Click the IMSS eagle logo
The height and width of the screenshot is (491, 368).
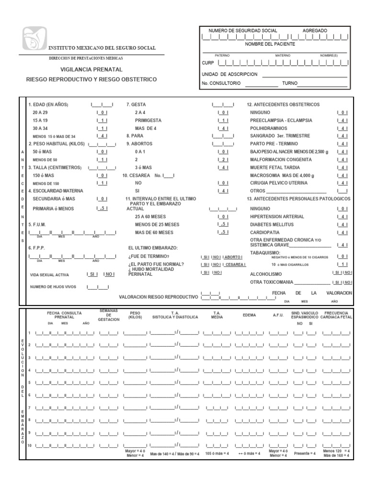point(33,43)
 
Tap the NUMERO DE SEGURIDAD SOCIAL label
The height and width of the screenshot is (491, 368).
point(242,30)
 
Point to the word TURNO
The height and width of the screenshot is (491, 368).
point(289,83)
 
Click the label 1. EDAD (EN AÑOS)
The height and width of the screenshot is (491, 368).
point(48,105)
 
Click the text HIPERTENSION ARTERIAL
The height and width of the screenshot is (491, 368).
point(277,217)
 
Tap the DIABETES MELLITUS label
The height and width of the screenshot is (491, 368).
point(271,225)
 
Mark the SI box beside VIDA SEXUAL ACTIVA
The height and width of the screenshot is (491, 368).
point(92,274)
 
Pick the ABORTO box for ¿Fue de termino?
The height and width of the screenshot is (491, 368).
point(233,257)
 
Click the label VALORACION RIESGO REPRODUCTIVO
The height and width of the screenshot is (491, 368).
point(158,297)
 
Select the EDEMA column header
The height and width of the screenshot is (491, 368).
point(249,315)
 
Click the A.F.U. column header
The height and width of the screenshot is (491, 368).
point(278,315)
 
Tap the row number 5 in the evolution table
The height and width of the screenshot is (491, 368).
point(29,382)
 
